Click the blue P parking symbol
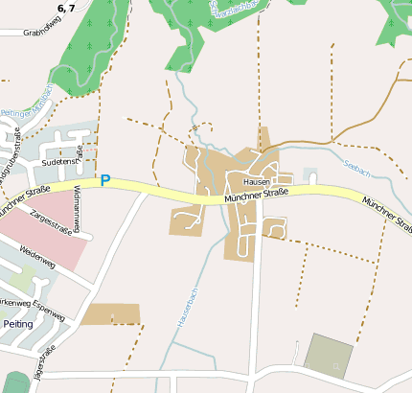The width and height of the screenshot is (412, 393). point(105,180)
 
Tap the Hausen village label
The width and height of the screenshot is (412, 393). point(257,181)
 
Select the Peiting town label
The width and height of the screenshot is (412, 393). point(17,324)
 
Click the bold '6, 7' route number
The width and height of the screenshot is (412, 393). point(66,8)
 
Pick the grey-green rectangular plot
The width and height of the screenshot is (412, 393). point(328,354)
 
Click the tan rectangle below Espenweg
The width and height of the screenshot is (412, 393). point(110,314)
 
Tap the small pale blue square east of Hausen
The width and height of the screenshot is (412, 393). point(309,173)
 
